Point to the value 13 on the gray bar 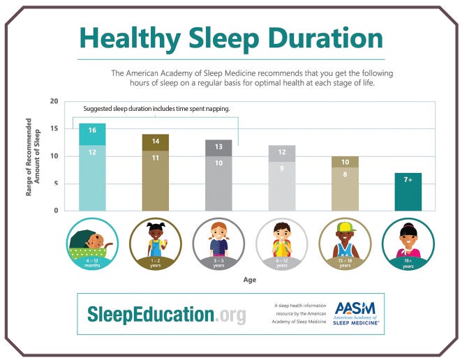tap(218, 147)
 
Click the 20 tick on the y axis tap(54, 102)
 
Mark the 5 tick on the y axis tap(57, 183)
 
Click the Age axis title tap(249, 280)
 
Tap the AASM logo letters tap(356, 308)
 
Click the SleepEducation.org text tap(167, 315)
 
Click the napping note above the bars tap(156, 109)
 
